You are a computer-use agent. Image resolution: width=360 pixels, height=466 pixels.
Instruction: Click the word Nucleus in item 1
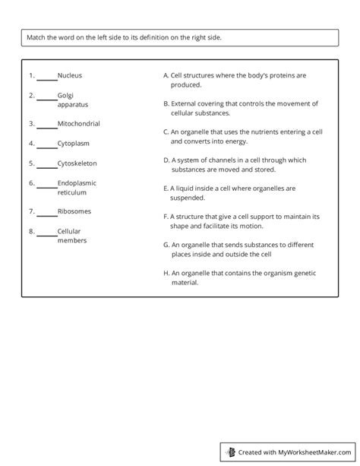pos(70,75)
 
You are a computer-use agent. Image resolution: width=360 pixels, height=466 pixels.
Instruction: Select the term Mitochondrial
pos(78,123)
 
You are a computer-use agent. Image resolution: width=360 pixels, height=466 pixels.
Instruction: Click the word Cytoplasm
pos(74,142)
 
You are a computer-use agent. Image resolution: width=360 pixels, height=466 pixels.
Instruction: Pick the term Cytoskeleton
pos(77,163)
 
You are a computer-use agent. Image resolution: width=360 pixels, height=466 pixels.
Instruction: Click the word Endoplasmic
pos(77,183)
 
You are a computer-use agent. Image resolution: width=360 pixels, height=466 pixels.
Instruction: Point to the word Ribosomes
pos(74,211)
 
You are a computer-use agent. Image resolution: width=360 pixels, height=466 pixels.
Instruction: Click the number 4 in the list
pos(31,142)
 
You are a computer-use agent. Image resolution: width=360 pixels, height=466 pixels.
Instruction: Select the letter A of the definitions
pos(166,75)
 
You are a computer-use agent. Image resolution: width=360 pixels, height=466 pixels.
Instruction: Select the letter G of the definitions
pos(166,245)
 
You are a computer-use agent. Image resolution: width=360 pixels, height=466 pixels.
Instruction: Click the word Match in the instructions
pos(37,38)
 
